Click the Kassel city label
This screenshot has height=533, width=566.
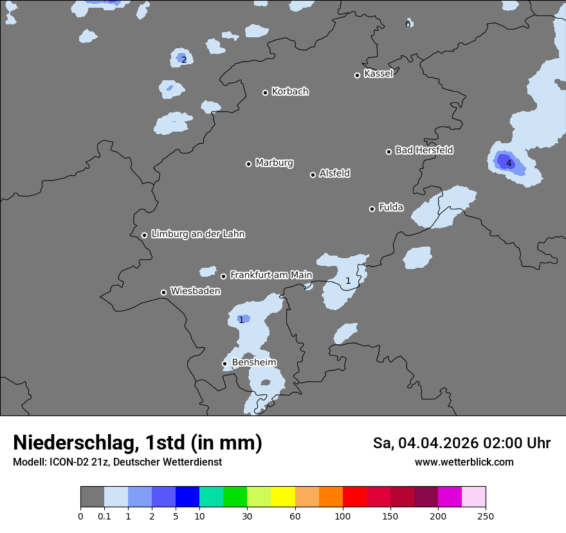click(x=378, y=74)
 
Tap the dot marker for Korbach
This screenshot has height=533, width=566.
click(x=265, y=92)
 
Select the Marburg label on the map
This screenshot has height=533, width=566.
click(x=274, y=163)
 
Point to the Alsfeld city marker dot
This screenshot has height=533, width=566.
click(x=313, y=175)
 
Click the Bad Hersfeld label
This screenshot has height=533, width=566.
click(x=424, y=150)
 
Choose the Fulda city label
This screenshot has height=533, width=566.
click(x=391, y=207)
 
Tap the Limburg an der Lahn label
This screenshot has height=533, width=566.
click(x=197, y=234)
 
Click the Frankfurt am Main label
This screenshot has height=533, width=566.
click(x=271, y=275)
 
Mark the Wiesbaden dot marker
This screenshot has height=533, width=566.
click(x=163, y=292)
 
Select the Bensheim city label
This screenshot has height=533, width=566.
click(x=253, y=362)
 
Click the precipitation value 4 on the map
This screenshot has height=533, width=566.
click(x=509, y=164)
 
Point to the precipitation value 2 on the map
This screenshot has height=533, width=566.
click(x=183, y=60)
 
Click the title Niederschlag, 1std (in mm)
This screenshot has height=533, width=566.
click(x=138, y=442)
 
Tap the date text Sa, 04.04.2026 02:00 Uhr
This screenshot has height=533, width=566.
click(x=462, y=443)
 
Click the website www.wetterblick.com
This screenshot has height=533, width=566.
click(x=464, y=462)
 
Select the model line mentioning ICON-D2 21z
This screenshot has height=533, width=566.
click(x=117, y=462)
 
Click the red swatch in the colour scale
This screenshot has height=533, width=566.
click(x=354, y=497)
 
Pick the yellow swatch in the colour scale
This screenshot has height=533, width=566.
click(x=283, y=497)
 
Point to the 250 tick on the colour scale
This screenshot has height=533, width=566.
click(x=485, y=516)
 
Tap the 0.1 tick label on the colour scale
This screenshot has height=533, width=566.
click(x=104, y=516)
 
